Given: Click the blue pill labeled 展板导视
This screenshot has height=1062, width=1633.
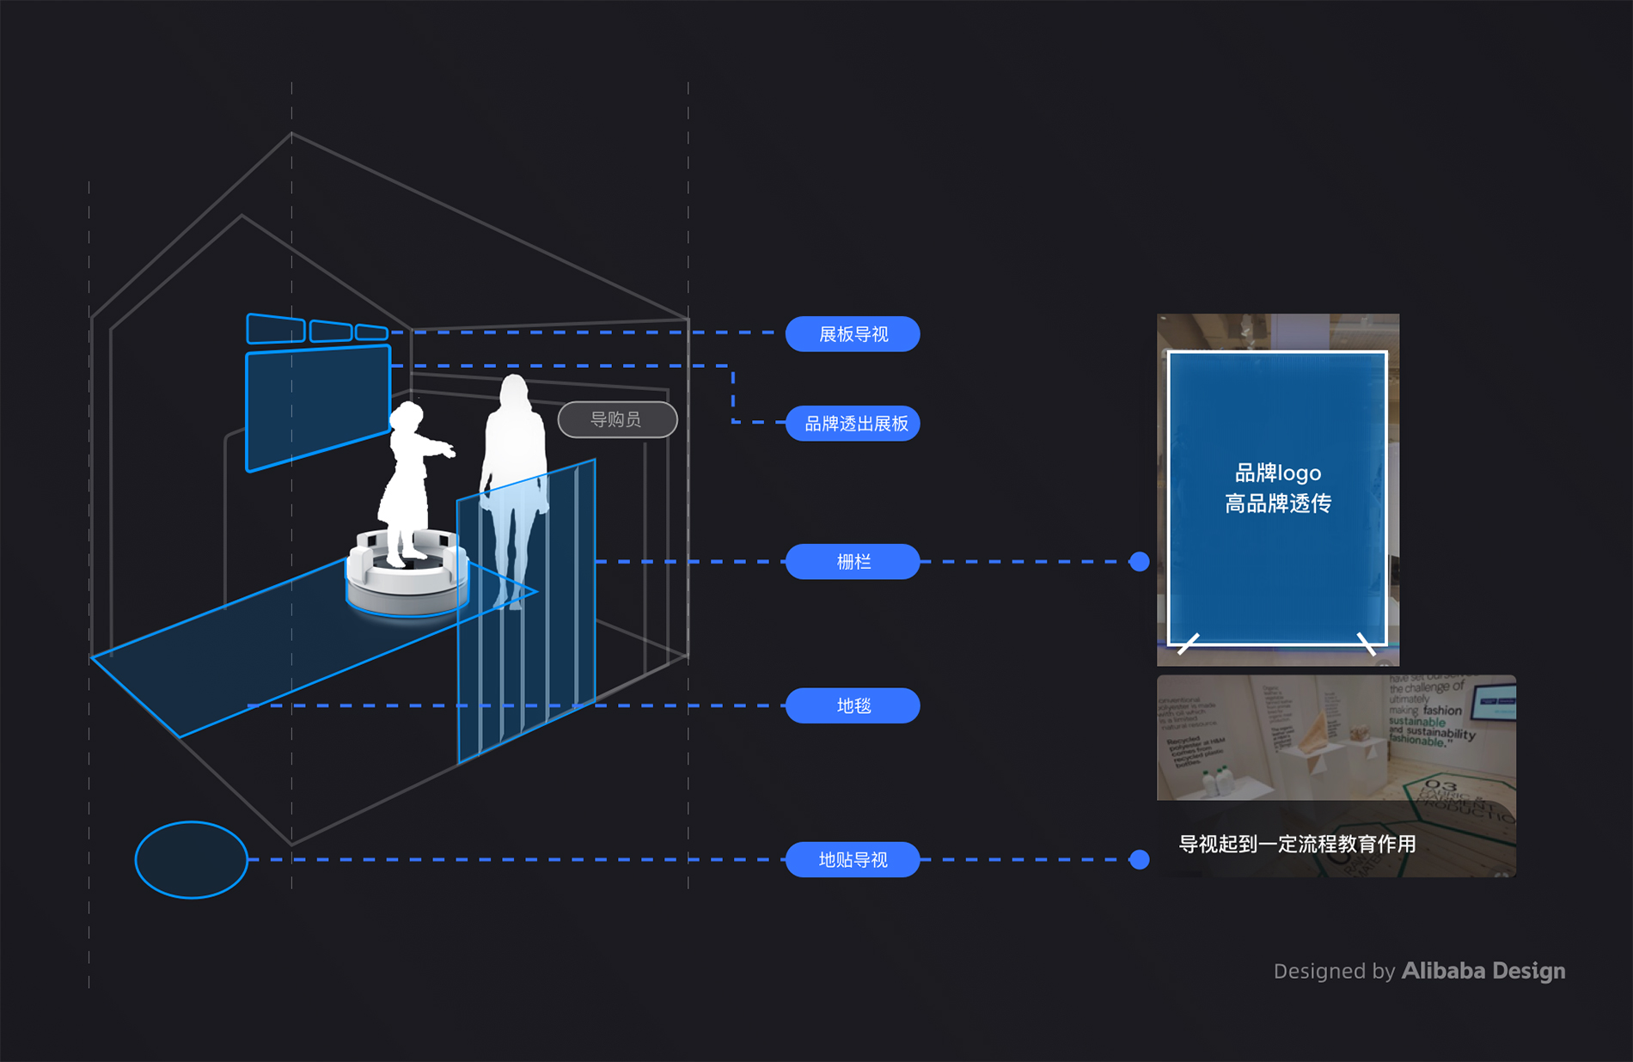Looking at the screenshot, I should tap(853, 334).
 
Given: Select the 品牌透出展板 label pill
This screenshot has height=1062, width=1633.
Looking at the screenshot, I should tap(853, 424).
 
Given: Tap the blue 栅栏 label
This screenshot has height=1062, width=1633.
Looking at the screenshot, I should tap(853, 562).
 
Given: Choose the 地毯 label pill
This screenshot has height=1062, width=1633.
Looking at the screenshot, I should tap(853, 705).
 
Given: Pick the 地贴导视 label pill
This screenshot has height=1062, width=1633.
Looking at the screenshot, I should tap(853, 859).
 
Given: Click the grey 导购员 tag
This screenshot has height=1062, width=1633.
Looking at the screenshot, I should tap(617, 419).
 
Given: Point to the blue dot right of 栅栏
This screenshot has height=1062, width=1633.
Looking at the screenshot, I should tap(1140, 562).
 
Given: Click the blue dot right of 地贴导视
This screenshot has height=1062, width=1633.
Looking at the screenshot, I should tap(1140, 859).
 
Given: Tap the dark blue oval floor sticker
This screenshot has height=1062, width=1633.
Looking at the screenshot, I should tap(191, 860).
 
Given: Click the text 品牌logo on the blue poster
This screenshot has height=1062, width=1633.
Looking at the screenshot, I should tap(1278, 473).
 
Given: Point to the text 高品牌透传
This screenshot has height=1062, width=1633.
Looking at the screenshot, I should tap(1278, 504).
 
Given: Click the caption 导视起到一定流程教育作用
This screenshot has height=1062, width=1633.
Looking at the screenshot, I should tap(1297, 844).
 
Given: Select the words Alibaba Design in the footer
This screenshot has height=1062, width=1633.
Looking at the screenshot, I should tap(1483, 971).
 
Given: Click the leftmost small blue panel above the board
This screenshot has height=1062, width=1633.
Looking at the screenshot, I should tap(276, 329).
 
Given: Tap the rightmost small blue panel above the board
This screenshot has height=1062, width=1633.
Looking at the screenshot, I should tap(371, 332).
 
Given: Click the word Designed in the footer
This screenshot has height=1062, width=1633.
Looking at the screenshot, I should tap(1320, 972).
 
